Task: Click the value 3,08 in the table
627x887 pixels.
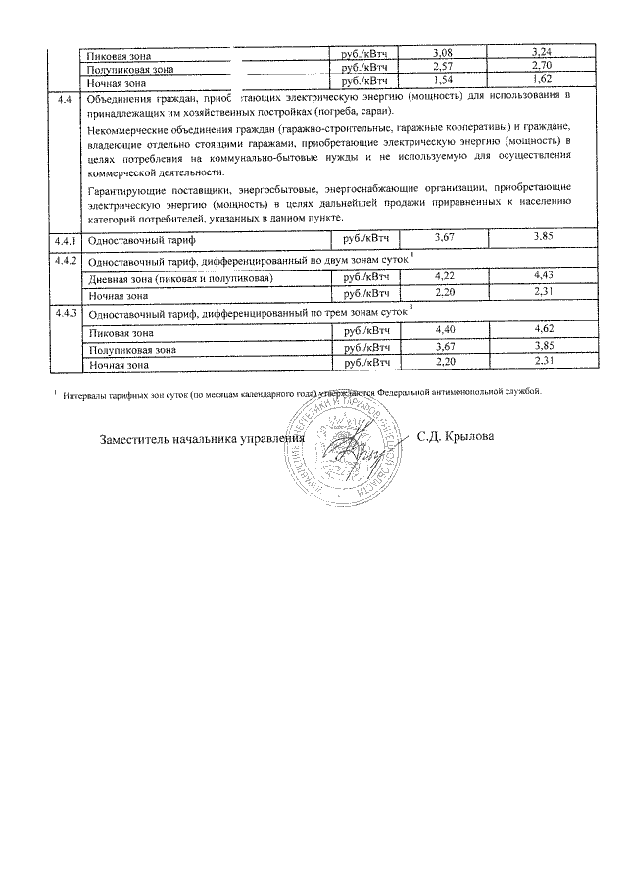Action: (x=446, y=50)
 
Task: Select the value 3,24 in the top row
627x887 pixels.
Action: (x=542, y=50)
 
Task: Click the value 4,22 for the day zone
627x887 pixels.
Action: (x=446, y=277)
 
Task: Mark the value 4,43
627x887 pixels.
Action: (x=542, y=277)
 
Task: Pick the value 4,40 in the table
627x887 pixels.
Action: (x=446, y=331)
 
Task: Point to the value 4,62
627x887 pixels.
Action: (x=542, y=331)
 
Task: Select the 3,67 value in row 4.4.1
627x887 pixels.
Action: (x=446, y=238)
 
